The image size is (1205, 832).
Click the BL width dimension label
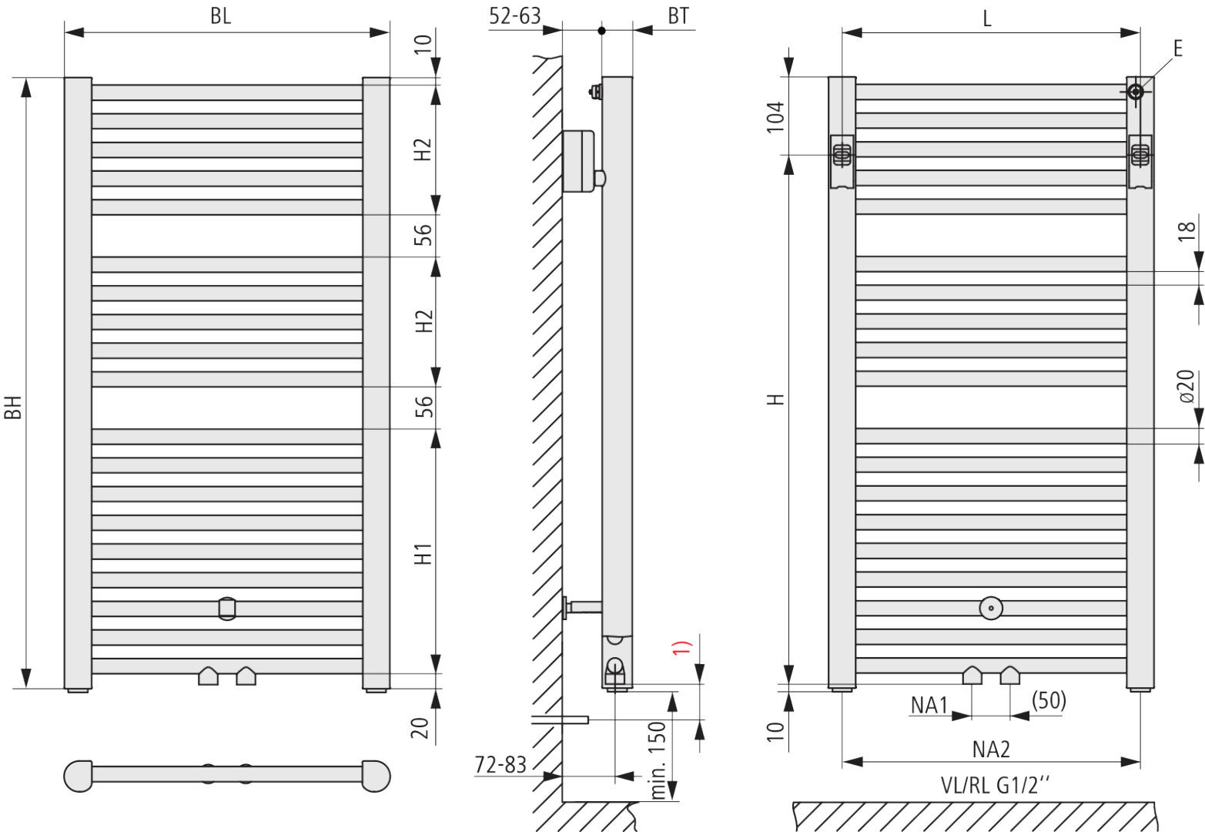point(220,16)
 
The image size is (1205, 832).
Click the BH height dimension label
point(13,407)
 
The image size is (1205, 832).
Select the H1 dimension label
point(423,555)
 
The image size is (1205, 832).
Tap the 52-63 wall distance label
point(515,16)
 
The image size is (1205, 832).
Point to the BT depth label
point(678,16)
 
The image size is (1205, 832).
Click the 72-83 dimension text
point(500,765)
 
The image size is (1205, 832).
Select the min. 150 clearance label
point(658,760)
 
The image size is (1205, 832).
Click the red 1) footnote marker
point(681,647)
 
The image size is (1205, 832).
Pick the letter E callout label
point(1178,49)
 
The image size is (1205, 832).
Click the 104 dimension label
point(775,117)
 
